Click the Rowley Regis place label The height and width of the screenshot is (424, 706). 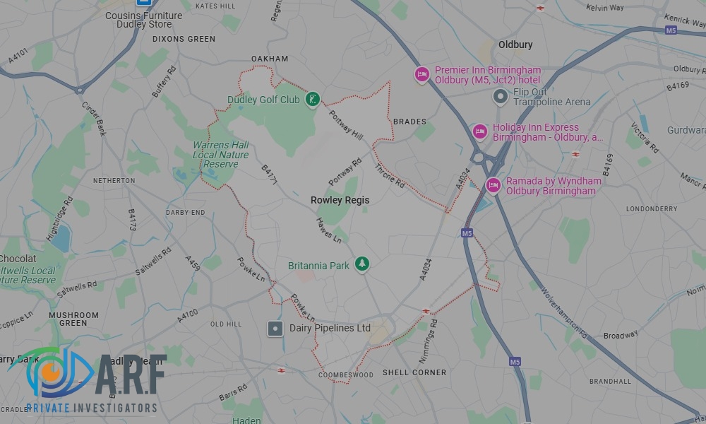340,200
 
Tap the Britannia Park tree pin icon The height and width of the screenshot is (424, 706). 362,264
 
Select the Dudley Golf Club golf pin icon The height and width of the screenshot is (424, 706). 312,100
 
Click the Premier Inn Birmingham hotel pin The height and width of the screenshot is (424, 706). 422,74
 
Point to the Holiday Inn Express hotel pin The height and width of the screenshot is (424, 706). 480,131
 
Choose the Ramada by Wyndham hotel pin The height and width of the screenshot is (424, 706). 493,185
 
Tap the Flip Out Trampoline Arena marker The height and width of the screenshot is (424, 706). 501,96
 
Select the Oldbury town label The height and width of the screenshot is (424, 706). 515,45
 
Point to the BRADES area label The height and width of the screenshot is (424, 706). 409,122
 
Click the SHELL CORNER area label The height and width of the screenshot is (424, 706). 414,372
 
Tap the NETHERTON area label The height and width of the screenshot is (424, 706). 114,181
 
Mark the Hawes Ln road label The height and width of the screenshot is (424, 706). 328,230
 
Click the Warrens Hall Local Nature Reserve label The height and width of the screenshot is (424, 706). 220,155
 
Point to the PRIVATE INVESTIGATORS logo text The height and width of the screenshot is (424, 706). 92,408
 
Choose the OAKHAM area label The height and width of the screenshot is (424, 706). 270,59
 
